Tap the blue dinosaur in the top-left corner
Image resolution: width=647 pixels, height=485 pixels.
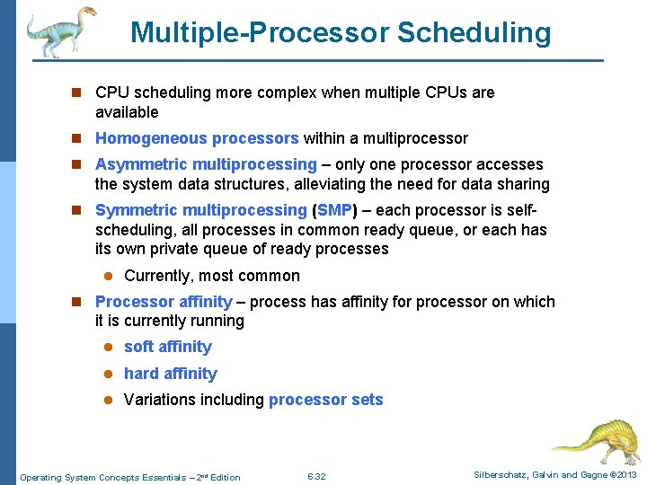[x=59, y=31]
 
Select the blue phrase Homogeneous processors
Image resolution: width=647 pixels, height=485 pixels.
[x=197, y=138]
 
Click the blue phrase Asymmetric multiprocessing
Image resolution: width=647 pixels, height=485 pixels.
[x=206, y=164]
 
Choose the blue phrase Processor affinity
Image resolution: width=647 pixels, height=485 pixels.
[x=164, y=302]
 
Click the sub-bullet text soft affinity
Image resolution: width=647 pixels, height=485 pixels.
[x=168, y=347]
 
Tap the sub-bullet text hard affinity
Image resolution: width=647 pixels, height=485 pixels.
[x=171, y=374]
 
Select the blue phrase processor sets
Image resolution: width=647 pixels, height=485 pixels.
[x=326, y=400]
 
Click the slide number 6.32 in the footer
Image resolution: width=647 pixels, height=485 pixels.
[x=316, y=476]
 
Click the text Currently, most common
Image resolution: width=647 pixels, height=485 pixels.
[x=212, y=276]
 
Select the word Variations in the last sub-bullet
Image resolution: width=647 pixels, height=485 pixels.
[x=157, y=400]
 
